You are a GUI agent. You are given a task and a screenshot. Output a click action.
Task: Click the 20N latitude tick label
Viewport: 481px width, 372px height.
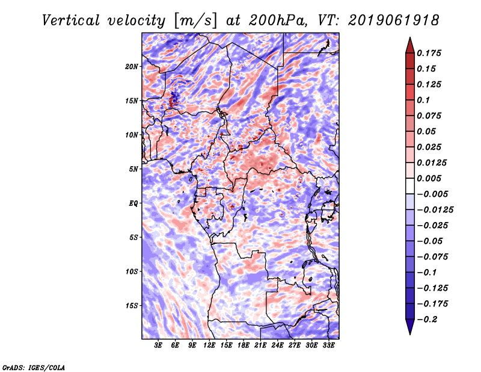pos(132,66)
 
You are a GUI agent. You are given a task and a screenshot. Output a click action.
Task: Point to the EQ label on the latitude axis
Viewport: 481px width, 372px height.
pos(133,203)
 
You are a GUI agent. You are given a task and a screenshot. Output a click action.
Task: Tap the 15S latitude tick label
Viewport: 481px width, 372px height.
pos(132,306)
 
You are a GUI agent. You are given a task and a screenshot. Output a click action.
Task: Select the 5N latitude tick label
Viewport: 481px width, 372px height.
pos(133,169)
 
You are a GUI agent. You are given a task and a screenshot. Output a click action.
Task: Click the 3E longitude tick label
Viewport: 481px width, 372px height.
pos(158,346)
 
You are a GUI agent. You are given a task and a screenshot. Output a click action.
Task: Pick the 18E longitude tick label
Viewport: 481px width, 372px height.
pos(244,346)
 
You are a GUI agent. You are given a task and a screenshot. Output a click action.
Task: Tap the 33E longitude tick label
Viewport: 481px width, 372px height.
pos(328,346)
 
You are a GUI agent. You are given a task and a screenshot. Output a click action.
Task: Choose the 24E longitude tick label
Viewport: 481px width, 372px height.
pos(277,346)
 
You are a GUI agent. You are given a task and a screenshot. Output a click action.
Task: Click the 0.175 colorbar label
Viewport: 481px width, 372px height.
pos(429,53)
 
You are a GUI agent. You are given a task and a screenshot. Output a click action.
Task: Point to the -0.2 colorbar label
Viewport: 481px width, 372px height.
pos(427,320)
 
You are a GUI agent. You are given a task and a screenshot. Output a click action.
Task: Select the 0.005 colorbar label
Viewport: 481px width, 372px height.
pos(429,178)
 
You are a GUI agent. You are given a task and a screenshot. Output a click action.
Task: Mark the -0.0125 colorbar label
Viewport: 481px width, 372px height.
pos(435,210)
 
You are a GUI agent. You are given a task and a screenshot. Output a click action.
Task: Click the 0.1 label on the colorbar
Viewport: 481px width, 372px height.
pos(423,100)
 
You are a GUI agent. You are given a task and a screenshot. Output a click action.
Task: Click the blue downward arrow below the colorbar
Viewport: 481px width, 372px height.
pos(410,327)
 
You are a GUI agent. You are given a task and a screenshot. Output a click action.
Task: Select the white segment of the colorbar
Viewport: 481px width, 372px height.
pos(410,186)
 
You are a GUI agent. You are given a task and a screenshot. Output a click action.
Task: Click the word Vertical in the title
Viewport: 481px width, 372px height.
pos(71,20)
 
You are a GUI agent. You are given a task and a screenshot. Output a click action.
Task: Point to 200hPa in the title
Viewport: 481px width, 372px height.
pos(278,20)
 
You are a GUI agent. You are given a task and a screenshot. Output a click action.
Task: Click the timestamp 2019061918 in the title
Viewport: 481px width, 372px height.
pos(394,20)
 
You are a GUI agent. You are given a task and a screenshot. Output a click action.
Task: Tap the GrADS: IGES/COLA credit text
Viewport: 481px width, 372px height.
pos(34,367)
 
